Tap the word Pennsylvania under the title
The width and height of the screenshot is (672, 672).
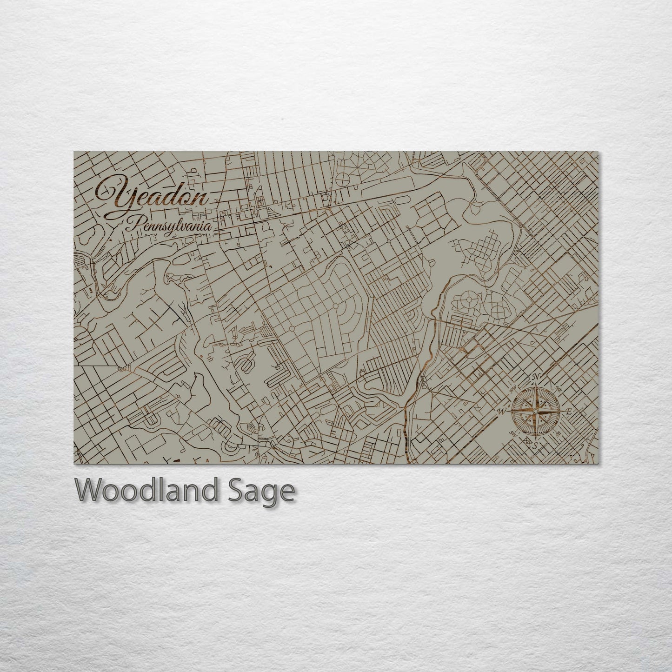point(170,226)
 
